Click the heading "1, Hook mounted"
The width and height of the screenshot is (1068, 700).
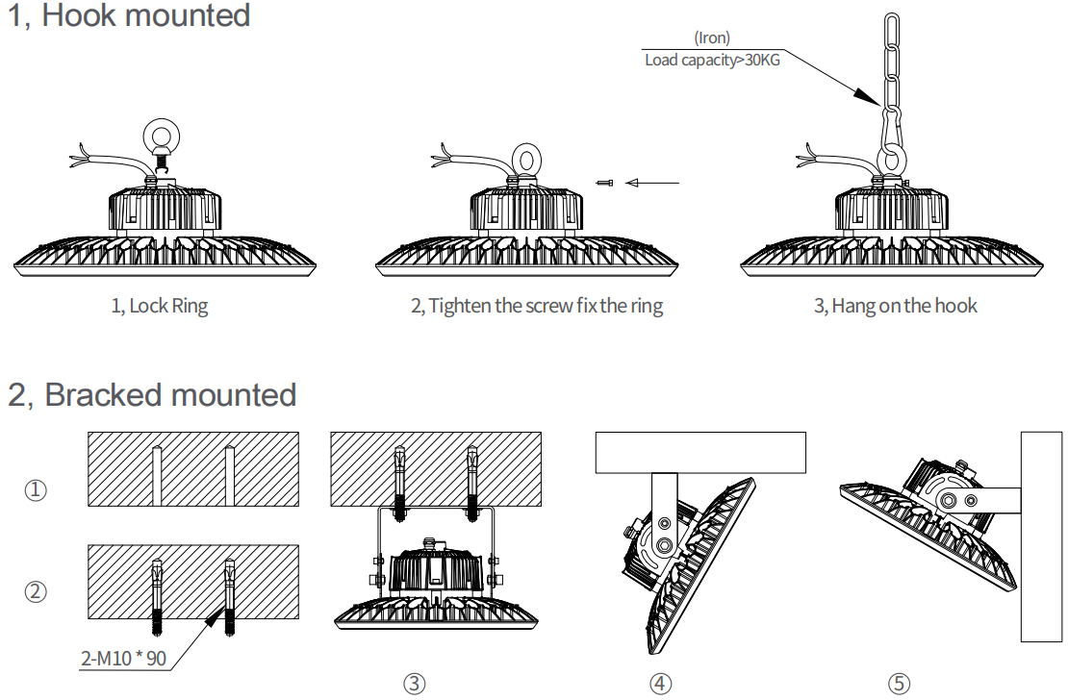click(129, 16)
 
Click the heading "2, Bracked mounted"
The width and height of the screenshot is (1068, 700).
click(152, 394)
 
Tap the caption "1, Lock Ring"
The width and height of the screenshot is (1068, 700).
click(160, 307)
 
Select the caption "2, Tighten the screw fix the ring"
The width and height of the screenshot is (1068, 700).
click(537, 307)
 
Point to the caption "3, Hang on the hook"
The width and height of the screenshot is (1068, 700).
click(895, 307)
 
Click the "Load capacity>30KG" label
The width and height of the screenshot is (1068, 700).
click(713, 60)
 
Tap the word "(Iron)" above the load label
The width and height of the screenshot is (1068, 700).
click(712, 37)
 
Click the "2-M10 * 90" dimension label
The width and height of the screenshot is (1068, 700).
click(123, 659)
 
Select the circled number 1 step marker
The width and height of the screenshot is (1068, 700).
click(36, 490)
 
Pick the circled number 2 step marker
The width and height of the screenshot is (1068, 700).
click(36, 591)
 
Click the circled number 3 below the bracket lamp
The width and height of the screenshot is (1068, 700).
click(414, 684)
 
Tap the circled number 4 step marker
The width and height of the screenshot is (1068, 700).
click(660, 684)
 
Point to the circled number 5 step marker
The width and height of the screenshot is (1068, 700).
click(899, 684)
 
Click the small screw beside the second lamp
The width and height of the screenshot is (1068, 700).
click(604, 183)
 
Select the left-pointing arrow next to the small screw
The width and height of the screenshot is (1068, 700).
click(651, 183)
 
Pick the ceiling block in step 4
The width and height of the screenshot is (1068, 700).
click(699, 453)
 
